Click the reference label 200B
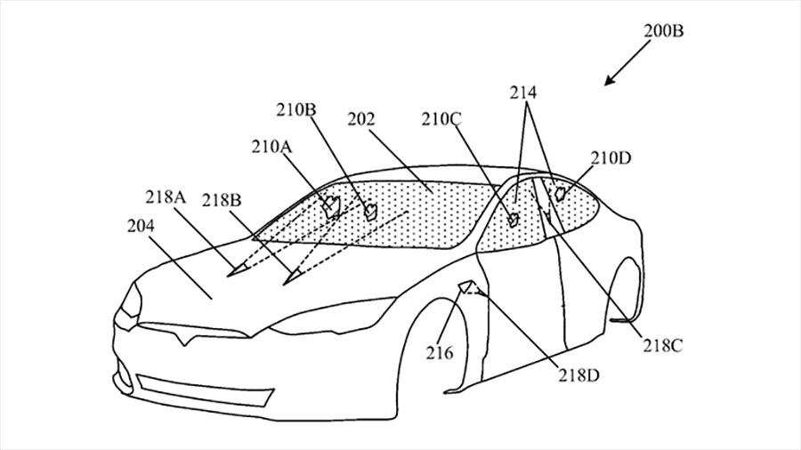(x=663, y=31)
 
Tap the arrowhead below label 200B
(x=609, y=81)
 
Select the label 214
(x=523, y=92)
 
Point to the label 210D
(x=611, y=158)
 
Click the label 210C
(x=441, y=119)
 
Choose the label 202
(x=361, y=119)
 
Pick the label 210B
(x=296, y=109)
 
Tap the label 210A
(x=271, y=147)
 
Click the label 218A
(x=166, y=197)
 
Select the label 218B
(x=222, y=200)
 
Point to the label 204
(x=141, y=226)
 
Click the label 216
(x=440, y=352)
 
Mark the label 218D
(x=578, y=376)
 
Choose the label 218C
(x=662, y=346)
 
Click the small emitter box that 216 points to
(x=465, y=287)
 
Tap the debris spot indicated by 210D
(x=560, y=193)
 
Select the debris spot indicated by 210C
(x=514, y=219)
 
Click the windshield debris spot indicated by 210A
(x=333, y=206)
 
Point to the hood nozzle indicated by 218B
(x=292, y=276)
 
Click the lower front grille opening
(x=205, y=390)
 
